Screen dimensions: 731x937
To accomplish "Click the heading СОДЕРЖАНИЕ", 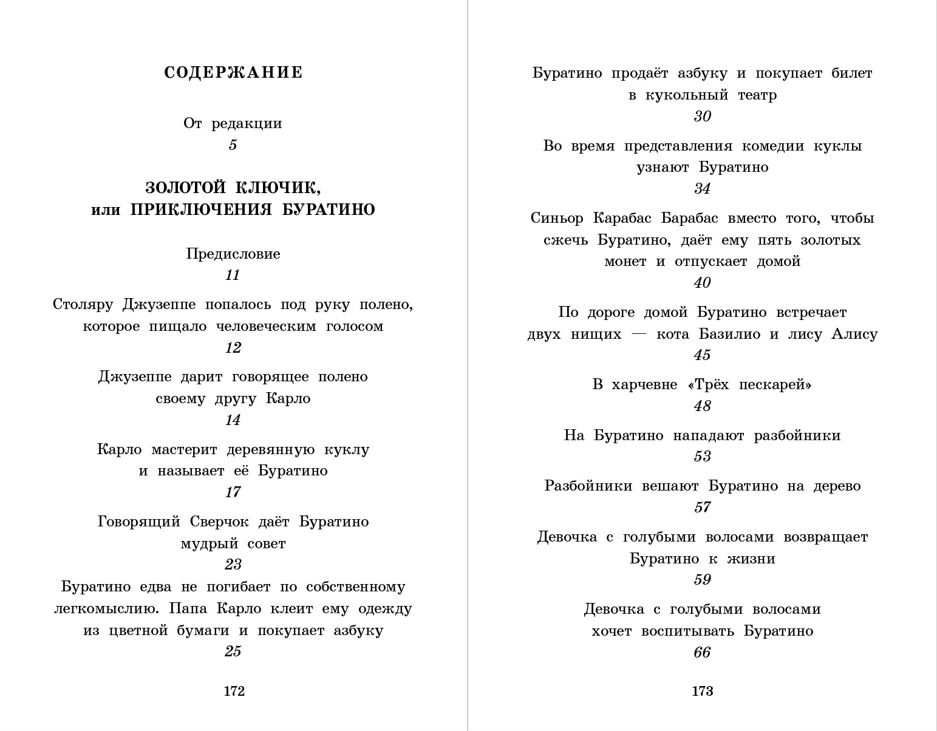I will coord(233,73).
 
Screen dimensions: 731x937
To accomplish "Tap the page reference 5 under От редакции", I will coord(233,145).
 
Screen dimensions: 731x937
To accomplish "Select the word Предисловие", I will coord(233,254).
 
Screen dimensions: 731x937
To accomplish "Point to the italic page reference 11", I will coord(233,275).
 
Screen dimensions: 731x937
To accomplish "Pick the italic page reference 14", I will coord(233,420).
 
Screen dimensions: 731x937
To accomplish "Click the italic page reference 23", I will coord(233,565).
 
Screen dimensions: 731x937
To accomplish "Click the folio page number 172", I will coord(234,691).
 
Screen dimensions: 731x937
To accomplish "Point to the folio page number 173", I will coord(702,691).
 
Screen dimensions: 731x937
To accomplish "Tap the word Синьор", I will coord(557,218).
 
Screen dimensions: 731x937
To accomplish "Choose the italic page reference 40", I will coord(702,283).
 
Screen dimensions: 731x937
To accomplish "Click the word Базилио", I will coord(729,334).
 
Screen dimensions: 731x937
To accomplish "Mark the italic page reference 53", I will coord(702,457).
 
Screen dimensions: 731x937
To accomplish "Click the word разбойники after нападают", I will coord(797,435).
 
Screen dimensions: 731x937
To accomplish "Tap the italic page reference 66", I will coord(702,653).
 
